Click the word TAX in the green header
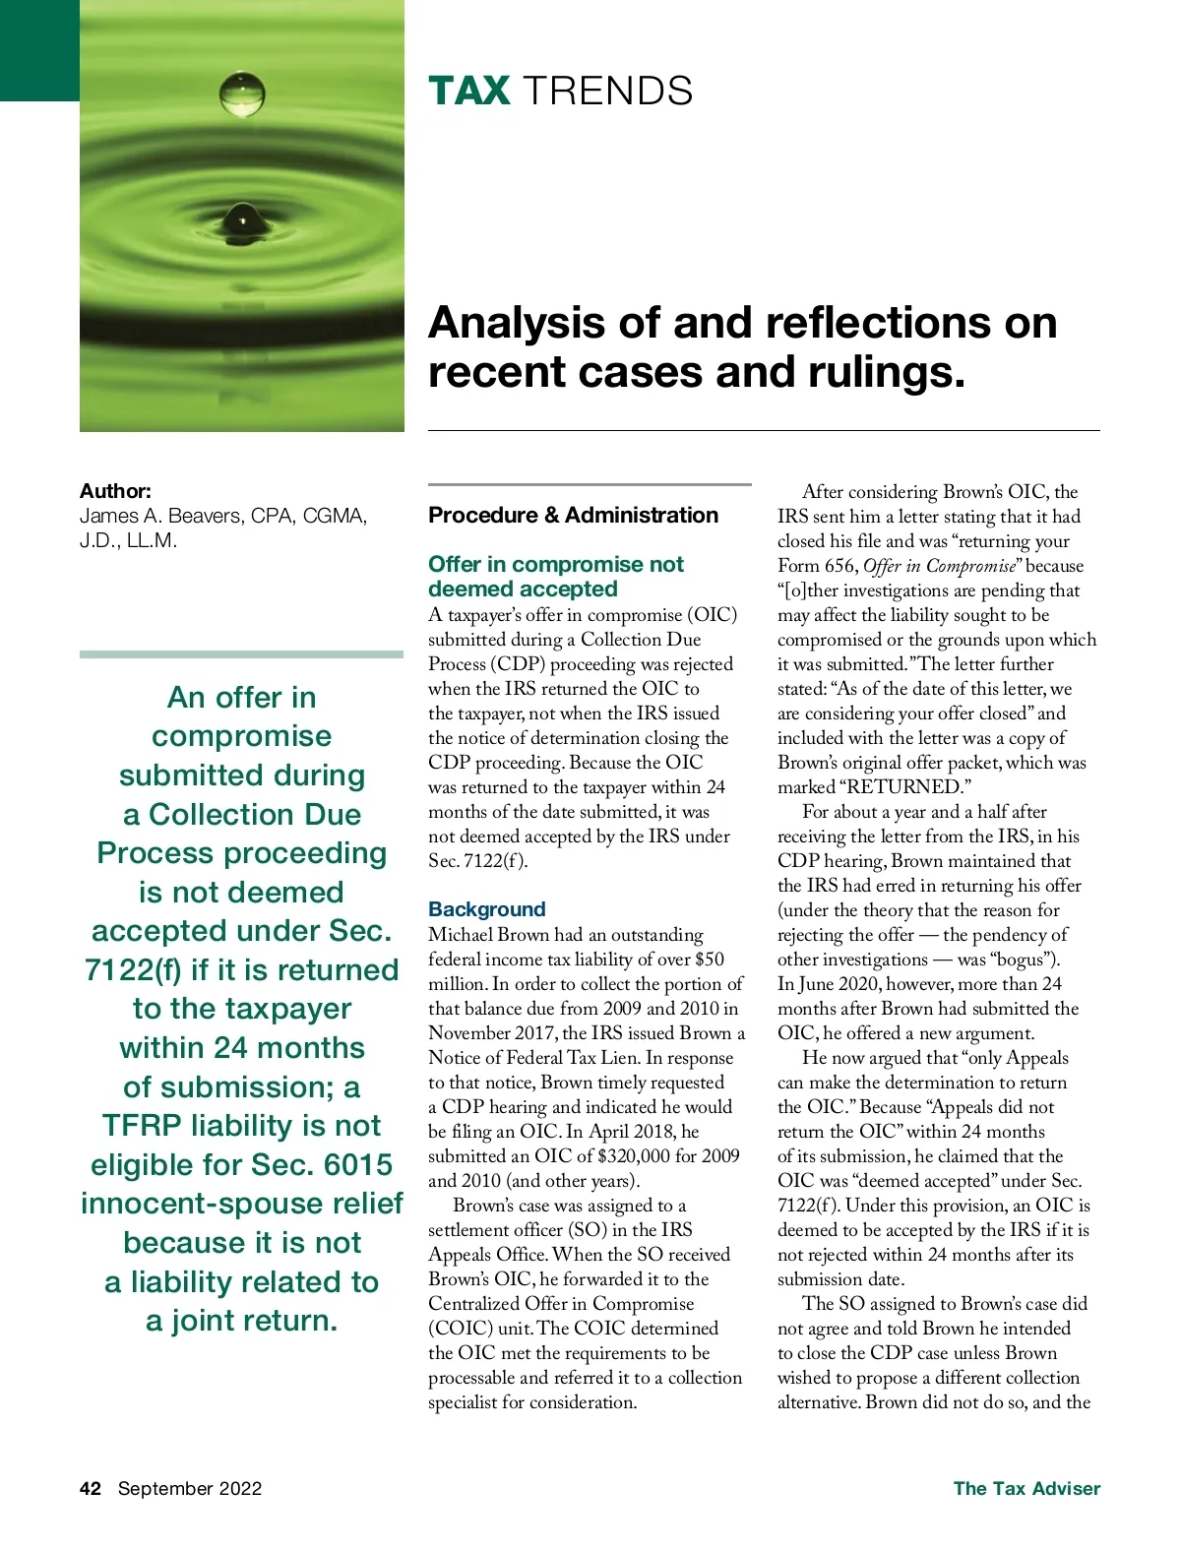click(x=468, y=92)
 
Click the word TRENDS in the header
click(x=607, y=92)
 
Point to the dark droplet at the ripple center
click(x=242, y=218)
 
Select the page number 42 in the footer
click(x=91, y=1488)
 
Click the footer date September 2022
click(x=190, y=1488)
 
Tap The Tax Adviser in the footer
click(x=1026, y=1488)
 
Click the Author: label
click(x=115, y=491)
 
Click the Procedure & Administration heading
click(x=573, y=515)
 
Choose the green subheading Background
click(x=486, y=909)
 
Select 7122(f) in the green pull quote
click(x=132, y=970)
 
